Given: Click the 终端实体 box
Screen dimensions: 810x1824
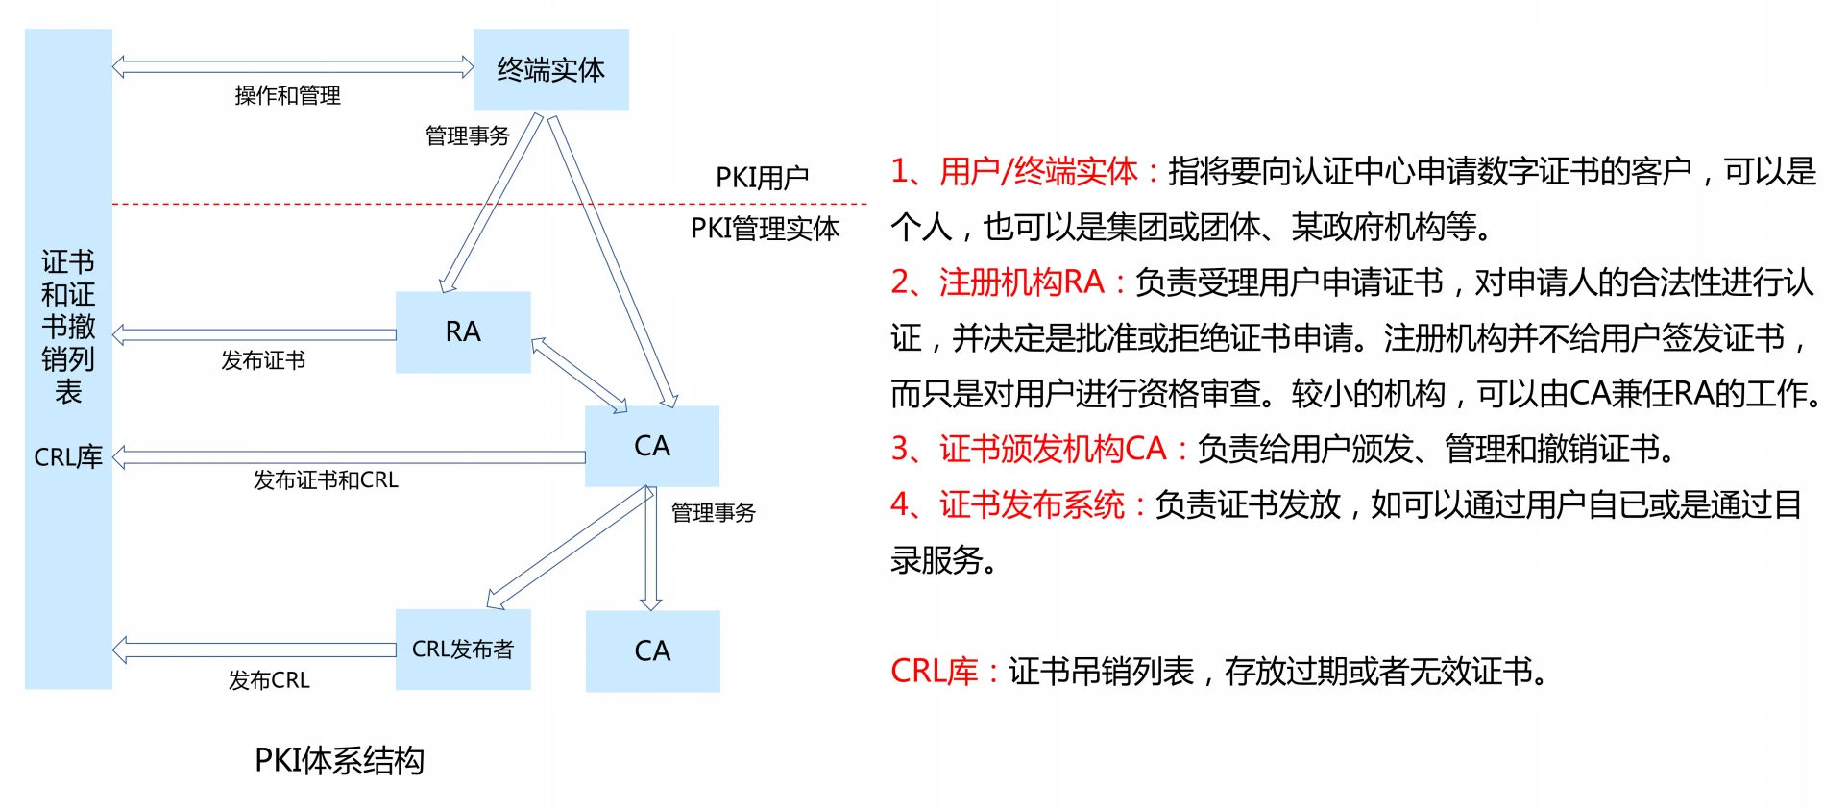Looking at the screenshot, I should coord(550,69).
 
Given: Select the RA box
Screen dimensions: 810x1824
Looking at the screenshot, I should coord(462,331).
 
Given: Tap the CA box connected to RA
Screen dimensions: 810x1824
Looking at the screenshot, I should coord(651,446).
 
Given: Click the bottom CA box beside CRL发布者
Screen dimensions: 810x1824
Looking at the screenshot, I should coord(652,650).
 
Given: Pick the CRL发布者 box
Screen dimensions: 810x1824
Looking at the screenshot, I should coord(462,650).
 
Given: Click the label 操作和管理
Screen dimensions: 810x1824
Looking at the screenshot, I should coord(287,95).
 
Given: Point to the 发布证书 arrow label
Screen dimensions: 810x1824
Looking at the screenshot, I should coord(263,360).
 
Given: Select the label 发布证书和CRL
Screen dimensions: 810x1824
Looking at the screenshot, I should coord(326,479).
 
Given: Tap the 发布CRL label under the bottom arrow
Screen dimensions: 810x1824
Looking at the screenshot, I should coord(269,680).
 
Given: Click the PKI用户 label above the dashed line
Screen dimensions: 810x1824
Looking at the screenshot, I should coord(762,178).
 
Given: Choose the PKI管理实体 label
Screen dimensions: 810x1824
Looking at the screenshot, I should coord(765,229).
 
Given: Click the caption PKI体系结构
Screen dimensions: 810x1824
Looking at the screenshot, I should coord(339,760).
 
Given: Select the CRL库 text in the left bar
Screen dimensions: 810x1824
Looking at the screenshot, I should coord(68,457).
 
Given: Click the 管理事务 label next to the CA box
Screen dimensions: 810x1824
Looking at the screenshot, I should coord(713,513).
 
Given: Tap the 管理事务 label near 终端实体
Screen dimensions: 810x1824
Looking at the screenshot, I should coord(467,136).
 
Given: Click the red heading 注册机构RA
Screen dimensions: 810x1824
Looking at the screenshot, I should coord(1021,282).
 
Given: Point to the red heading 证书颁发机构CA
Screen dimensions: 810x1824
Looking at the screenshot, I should coord(1052,449).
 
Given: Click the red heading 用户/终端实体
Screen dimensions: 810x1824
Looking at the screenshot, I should coord(1037,172).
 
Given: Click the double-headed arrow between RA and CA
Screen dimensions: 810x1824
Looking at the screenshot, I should coord(579,375).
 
